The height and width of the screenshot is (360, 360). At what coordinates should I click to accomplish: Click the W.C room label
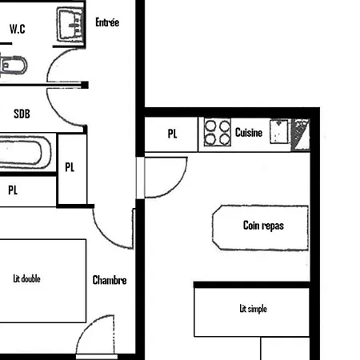pos(18,29)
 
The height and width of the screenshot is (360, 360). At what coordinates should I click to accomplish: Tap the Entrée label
pos(107,23)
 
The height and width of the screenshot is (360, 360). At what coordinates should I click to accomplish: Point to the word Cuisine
pos(249,134)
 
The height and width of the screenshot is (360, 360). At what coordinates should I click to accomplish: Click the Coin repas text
pos(263,226)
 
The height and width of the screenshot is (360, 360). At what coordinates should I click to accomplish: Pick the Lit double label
pos(27,279)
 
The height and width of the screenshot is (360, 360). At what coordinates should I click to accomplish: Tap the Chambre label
pos(110,280)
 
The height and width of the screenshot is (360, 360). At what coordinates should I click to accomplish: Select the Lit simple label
pos(252,308)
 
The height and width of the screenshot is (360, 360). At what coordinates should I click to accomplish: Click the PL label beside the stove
pos(173,134)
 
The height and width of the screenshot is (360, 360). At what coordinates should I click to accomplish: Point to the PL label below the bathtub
pos(13,190)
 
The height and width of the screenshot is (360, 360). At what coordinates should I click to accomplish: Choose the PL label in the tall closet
pos(70,167)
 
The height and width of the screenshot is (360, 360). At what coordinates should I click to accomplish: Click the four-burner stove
pos(216,132)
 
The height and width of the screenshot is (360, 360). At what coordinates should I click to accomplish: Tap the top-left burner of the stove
pos(210,126)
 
